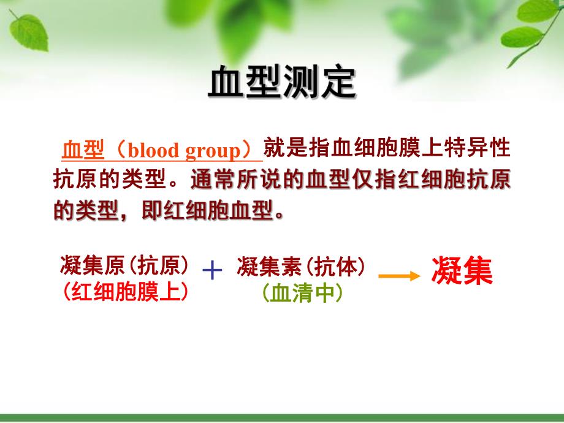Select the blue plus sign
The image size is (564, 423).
[212, 270]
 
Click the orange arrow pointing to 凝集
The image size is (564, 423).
[399, 275]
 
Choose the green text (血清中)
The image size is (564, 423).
[300, 293]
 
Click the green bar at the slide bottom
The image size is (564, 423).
[282, 418]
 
